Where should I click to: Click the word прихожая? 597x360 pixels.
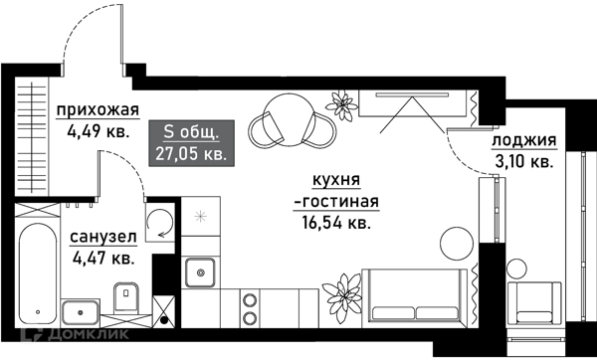click(97, 110)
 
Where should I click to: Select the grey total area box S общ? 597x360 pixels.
click(192, 141)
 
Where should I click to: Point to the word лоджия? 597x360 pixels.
click(523, 141)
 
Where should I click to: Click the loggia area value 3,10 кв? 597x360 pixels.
click(523, 160)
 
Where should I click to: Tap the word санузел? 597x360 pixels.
click(102, 239)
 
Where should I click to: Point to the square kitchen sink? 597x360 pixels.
click(200, 270)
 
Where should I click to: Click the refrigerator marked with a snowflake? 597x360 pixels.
click(199, 216)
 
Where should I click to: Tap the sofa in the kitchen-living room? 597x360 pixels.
click(415, 296)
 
